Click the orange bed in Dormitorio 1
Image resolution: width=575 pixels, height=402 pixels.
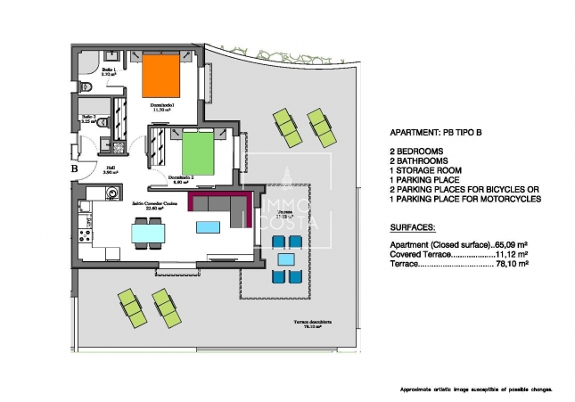[163, 76]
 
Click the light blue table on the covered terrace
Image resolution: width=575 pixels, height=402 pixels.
[285, 260]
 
